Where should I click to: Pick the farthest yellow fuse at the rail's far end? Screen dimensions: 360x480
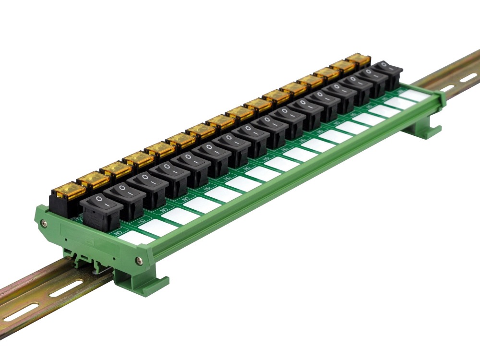pyautogui.click(x=358, y=60)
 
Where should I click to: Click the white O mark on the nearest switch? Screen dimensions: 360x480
pyautogui.click(x=99, y=198)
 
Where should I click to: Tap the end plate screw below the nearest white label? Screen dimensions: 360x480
pyautogui.click(x=139, y=261)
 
